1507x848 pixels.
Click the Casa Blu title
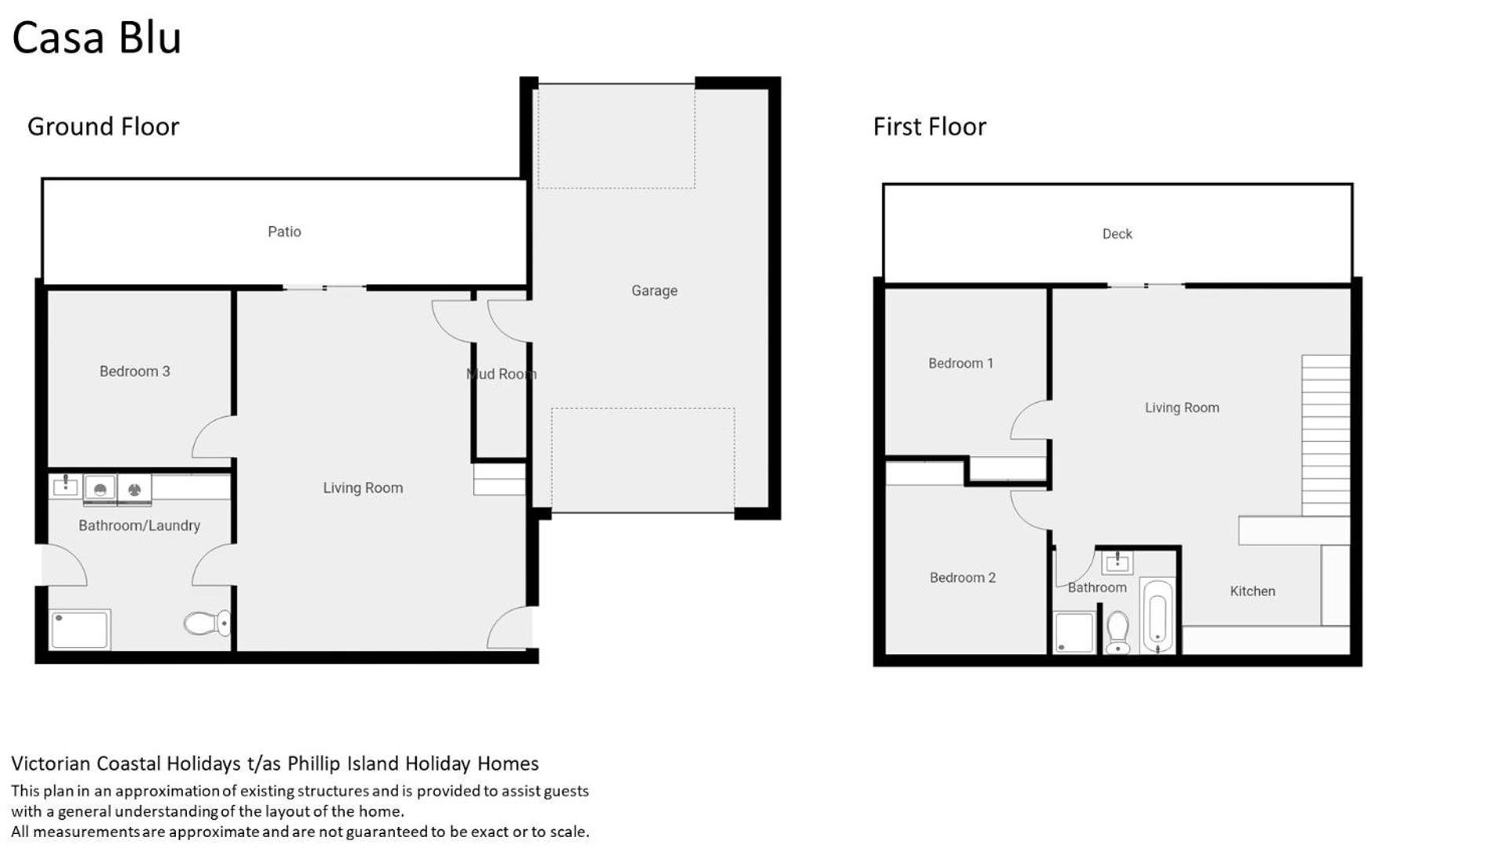[x=97, y=38]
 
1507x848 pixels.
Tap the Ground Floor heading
[x=103, y=126]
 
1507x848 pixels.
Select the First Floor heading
[x=930, y=126]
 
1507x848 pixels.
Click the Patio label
[x=284, y=232]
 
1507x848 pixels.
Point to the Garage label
[x=654, y=291]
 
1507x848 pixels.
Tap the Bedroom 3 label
[x=134, y=371]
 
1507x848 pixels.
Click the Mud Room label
[x=502, y=374]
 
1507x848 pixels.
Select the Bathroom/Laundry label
[x=139, y=525]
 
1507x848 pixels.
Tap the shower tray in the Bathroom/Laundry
[x=80, y=630]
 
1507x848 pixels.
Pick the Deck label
[x=1117, y=234]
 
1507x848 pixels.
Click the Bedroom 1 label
[x=960, y=364]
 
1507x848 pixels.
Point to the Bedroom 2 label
[x=962, y=578]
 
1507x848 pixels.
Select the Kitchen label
[x=1252, y=591]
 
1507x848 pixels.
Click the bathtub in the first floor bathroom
[x=1158, y=616]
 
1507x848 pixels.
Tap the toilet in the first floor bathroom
[x=1117, y=632]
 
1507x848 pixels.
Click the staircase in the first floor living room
[x=1326, y=436]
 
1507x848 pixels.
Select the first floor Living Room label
[x=1182, y=408]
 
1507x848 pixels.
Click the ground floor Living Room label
[x=363, y=488]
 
